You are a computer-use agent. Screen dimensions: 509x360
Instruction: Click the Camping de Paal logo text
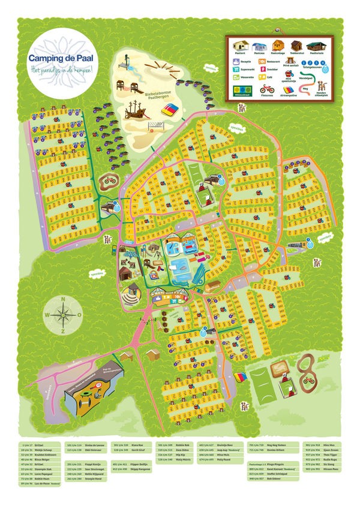click(57, 58)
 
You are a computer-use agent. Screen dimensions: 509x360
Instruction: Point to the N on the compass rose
click(62, 299)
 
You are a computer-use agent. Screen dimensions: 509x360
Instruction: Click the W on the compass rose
click(47, 314)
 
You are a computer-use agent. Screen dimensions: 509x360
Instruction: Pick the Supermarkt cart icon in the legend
click(233, 69)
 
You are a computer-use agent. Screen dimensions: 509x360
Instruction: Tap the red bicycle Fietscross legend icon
click(266, 91)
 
